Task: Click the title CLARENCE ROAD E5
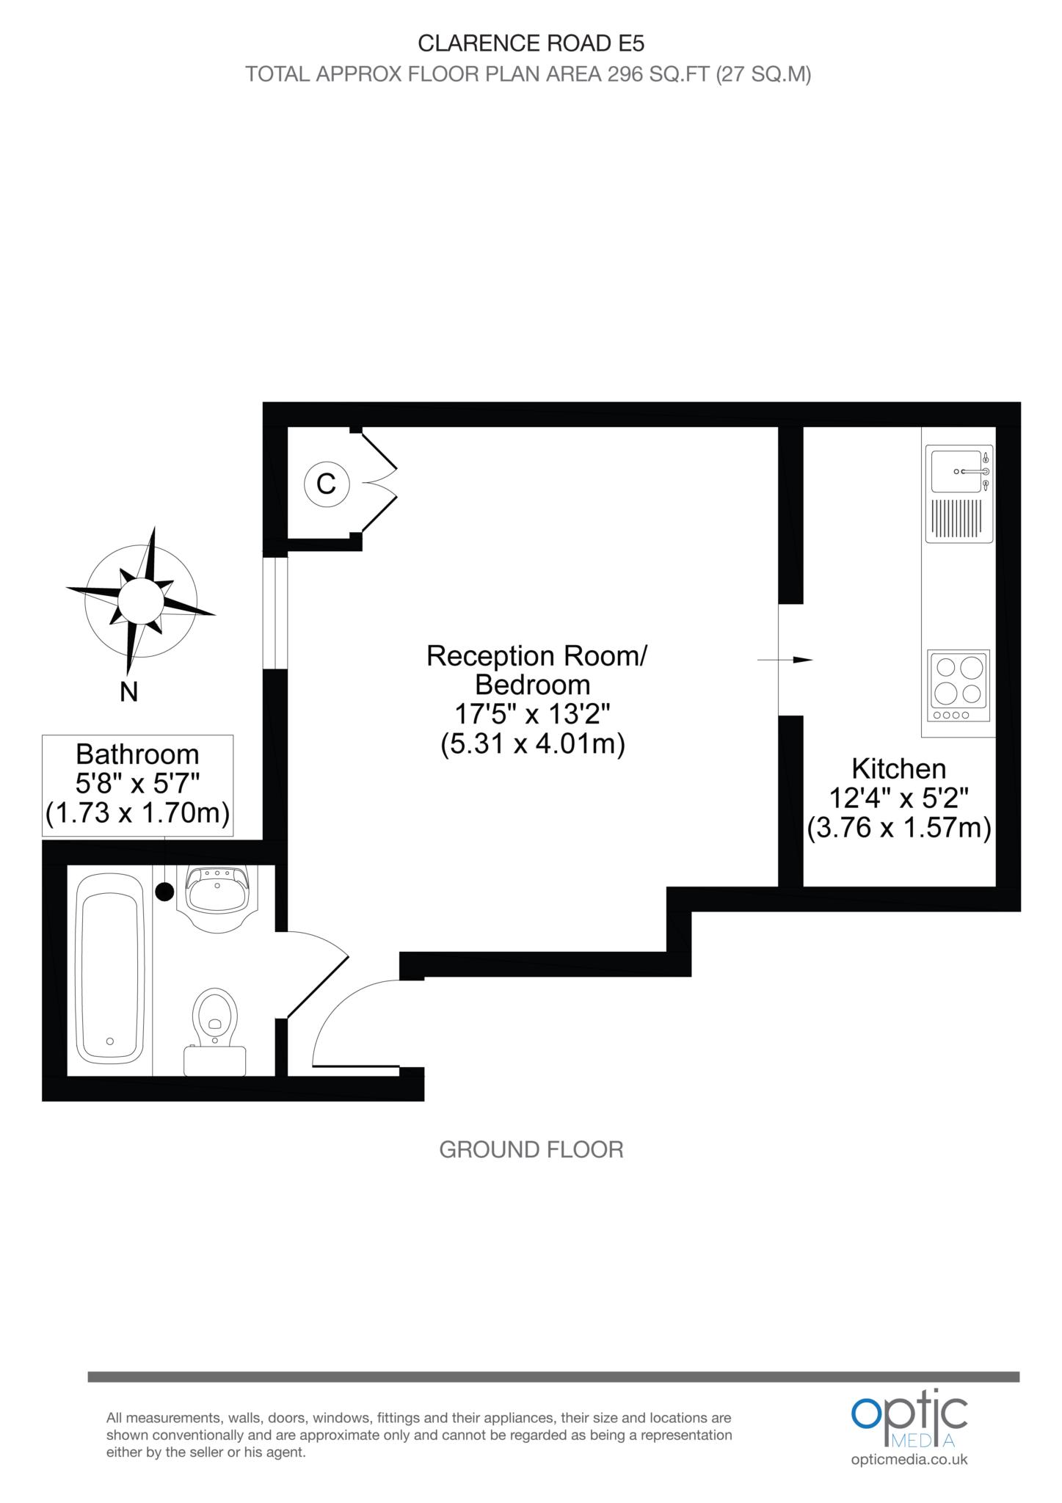click(x=531, y=44)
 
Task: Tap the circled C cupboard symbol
click(x=326, y=484)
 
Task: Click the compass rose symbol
click(x=141, y=599)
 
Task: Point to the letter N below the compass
click(x=129, y=691)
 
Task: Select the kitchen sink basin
click(x=955, y=471)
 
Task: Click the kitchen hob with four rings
click(x=959, y=685)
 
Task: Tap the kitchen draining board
click(x=959, y=518)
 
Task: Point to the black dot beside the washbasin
click(x=164, y=892)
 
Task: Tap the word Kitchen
click(x=898, y=769)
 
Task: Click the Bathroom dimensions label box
click(x=137, y=785)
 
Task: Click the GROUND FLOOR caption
click(x=531, y=1149)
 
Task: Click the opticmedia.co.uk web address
click(x=909, y=1460)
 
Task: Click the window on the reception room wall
click(x=275, y=613)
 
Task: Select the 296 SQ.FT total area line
click(x=528, y=75)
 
